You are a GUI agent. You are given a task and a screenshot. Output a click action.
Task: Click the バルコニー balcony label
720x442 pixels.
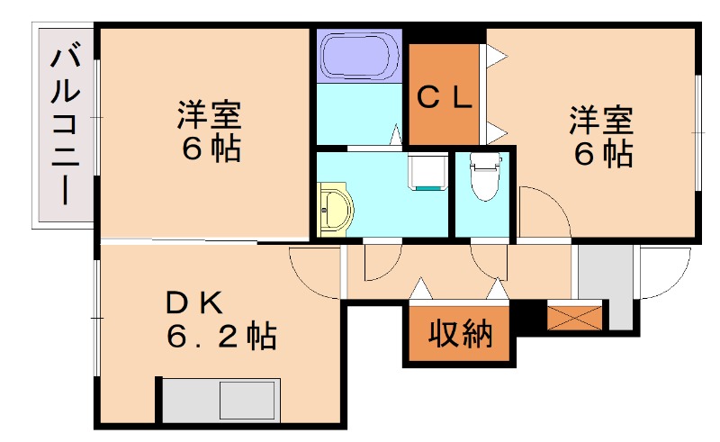(62, 126)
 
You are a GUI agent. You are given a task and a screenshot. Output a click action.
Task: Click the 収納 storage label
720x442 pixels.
(459, 335)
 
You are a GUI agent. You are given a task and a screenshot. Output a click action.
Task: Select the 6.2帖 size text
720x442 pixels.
(220, 338)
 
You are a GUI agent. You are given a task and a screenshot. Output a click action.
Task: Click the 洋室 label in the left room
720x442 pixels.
(208, 116)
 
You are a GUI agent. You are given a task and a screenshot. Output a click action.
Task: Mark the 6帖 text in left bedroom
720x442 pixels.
(211, 149)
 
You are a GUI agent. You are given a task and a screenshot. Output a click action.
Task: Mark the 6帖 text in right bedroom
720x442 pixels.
(603, 154)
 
